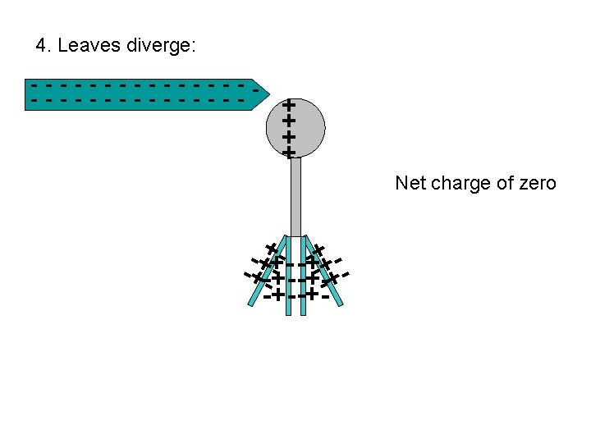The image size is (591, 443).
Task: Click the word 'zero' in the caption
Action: (x=538, y=183)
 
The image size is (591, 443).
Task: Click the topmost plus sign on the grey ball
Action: (x=288, y=105)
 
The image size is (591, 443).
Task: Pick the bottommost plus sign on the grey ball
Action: (x=288, y=153)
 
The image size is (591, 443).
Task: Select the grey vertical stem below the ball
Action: (x=296, y=197)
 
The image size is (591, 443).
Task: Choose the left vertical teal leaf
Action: (x=289, y=279)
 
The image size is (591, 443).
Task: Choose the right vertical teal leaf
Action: (x=303, y=279)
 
